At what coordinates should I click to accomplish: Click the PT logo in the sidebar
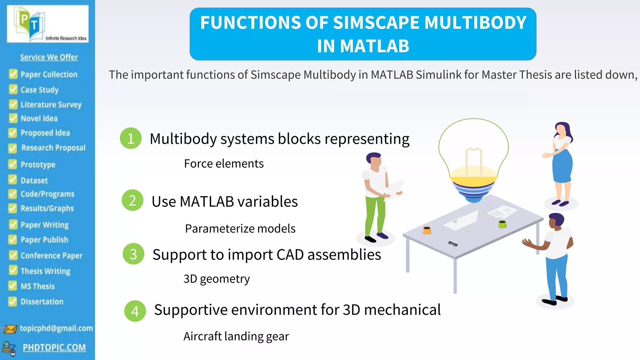click(47, 24)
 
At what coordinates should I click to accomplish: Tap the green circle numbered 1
click(131, 138)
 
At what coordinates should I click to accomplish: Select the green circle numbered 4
click(135, 311)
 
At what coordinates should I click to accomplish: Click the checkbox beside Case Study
click(13, 89)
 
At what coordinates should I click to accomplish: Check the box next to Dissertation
click(12, 301)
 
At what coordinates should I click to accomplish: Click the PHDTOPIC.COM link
click(54, 347)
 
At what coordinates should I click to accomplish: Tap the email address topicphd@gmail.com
click(56, 328)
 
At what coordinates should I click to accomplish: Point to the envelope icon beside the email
click(10, 329)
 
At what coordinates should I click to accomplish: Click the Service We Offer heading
click(49, 57)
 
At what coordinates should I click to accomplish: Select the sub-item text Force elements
click(224, 164)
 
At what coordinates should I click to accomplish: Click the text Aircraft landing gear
click(236, 336)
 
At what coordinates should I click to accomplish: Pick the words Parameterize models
click(240, 229)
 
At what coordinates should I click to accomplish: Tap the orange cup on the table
click(427, 230)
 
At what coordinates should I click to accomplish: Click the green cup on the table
click(502, 224)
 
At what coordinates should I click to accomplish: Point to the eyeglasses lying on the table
click(453, 244)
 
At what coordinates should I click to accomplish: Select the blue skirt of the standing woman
click(562, 167)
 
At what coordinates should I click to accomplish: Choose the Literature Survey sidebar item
click(51, 105)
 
